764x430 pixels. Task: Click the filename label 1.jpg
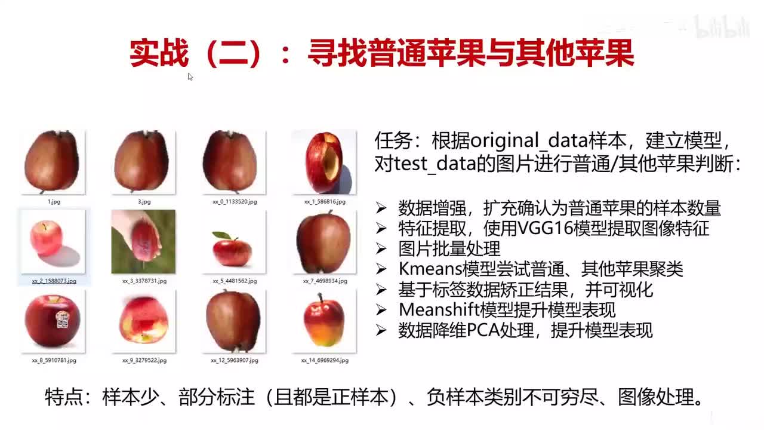click(54, 202)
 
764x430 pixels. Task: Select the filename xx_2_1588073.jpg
click(54, 281)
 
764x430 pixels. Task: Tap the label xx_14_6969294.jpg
click(325, 361)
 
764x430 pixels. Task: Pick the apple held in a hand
click(143, 242)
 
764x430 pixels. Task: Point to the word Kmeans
click(426, 269)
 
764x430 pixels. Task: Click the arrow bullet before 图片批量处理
click(381, 249)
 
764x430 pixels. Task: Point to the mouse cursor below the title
click(190, 76)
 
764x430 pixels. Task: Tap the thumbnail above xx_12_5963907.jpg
click(233, 321)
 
